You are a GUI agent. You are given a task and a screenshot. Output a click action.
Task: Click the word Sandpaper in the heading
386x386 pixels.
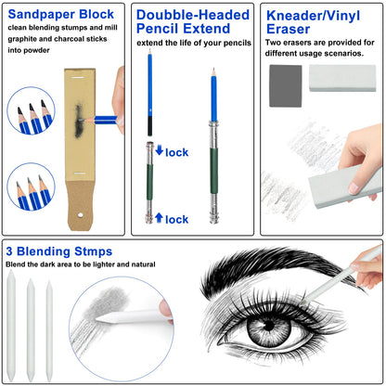point(42,15)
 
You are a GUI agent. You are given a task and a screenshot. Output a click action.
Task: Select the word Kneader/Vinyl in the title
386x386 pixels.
point(313,16)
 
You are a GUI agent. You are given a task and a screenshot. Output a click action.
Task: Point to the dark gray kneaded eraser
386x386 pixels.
point(286,86)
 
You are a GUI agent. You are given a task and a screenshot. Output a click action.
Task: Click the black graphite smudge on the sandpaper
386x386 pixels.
point(79,121)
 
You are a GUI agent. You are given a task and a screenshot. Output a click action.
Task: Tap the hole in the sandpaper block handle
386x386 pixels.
point(81,215)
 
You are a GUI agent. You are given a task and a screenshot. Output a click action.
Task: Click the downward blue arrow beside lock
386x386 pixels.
point(160,150)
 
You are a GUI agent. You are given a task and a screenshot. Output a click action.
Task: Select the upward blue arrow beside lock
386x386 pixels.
point(159,218)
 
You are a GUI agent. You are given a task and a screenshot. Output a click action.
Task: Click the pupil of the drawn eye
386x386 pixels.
point(268,326)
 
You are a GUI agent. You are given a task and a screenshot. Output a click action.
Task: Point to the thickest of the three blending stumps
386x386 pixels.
point(11,326)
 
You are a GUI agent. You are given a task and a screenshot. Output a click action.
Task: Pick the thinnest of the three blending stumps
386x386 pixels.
point(49,330)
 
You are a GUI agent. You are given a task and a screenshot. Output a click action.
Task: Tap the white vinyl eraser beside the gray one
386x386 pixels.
point(342,78)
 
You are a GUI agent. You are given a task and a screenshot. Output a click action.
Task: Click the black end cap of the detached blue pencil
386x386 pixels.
point(149,126)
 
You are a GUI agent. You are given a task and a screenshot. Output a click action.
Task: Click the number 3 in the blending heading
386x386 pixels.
point(9,251)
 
